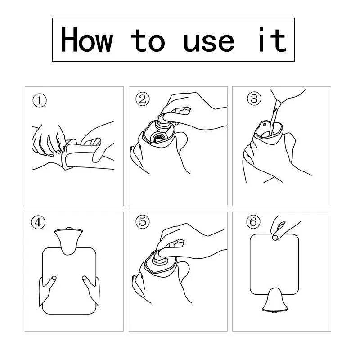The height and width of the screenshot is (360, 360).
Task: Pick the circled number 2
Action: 143,99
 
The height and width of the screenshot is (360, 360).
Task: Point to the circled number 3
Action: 254,99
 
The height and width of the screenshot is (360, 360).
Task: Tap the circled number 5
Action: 143,222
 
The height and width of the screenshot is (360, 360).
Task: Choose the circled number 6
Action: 253,222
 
